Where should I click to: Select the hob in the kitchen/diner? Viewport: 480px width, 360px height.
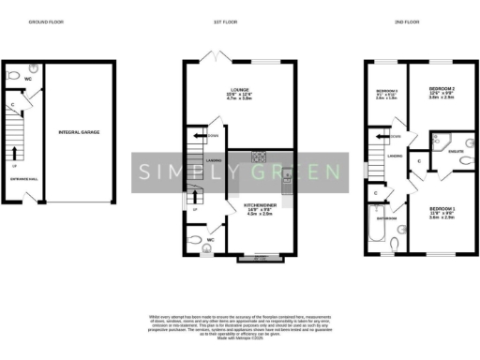[x=260, y=157]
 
